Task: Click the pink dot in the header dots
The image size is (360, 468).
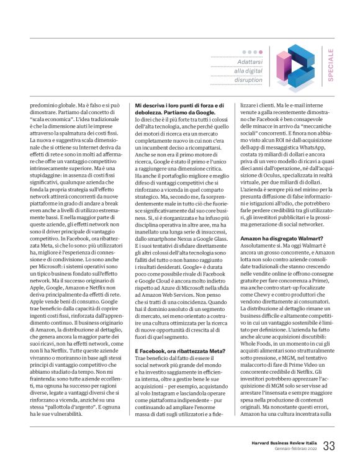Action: (243, 52)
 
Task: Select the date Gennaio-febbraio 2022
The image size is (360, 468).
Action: (294, 450)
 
